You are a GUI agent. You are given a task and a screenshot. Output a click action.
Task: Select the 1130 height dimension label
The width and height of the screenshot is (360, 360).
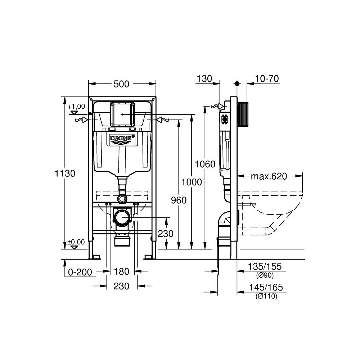click(x=65, y=174)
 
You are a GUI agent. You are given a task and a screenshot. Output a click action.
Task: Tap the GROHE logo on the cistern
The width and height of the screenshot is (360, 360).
click(x=122, y=139)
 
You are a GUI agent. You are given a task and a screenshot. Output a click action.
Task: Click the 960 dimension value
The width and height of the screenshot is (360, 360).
click(x=179, y=200)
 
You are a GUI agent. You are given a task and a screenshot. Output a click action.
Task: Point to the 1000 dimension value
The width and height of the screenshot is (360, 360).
click(x=192, y=182)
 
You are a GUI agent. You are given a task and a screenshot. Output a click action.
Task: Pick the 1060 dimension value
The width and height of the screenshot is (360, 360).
click(x=205, y=165)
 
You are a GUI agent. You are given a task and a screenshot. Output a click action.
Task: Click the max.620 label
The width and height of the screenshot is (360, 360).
click(x=269, y=176)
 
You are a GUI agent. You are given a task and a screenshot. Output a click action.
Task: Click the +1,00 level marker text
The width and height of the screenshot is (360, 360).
click(x=76, y=106)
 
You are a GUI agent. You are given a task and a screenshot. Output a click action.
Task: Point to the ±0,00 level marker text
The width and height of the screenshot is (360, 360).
click(x=76, y=242)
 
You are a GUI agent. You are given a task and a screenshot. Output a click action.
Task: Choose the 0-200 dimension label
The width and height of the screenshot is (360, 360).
click(x=80, y=272)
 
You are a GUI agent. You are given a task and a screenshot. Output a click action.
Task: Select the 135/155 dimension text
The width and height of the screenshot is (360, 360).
click(x=265, y=267)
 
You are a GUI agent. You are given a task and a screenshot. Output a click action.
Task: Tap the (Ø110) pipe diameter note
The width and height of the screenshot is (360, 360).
click(x=266, y=296)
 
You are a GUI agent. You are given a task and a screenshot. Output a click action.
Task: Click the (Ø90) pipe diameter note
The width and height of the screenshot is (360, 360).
click(x=265, y=275)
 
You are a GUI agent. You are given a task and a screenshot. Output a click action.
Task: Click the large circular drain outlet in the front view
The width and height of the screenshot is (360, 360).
click(x=122, y=218)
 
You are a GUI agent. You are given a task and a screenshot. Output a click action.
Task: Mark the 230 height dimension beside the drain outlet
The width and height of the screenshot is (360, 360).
click(x=166, y=234)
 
